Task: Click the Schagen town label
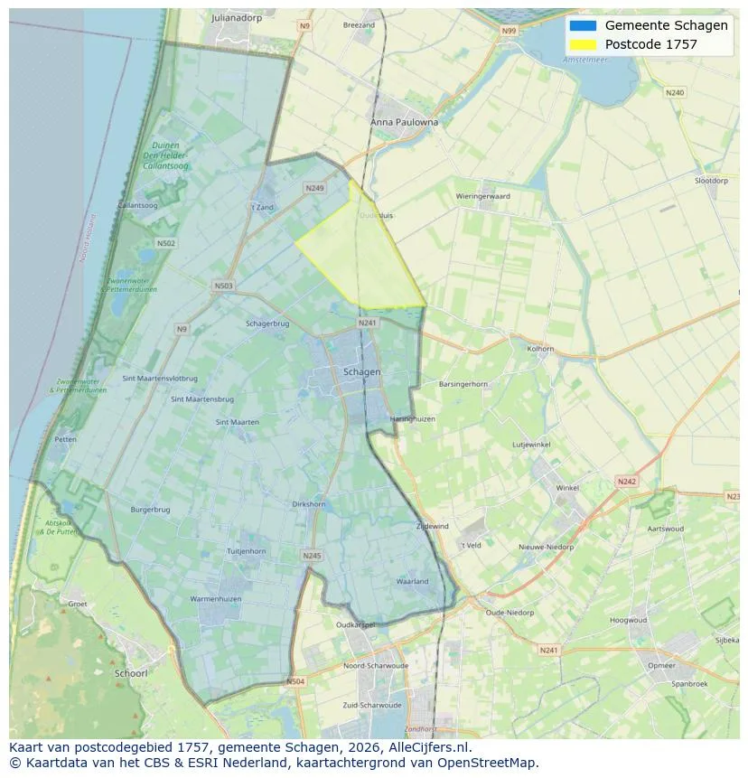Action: tap(362, 371)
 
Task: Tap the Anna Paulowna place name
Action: tap(404, 122)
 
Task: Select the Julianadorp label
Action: tap(236, 17)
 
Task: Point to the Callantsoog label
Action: tap(137, 205)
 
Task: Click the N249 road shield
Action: tap(314, 188)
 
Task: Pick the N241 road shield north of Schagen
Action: tap(367, 323)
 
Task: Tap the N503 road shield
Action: tap(223, 286)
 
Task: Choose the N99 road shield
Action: tap(510, 31)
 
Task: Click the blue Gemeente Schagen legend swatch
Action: tap(583, 25)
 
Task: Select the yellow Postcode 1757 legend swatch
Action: tap(583, 44)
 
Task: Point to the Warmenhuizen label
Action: tap(214, 599)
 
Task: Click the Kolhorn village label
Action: tap(540, 348)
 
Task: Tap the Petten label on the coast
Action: tap(65, 439)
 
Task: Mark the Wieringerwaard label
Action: tap(483, 196)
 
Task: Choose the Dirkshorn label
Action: tap(310, 504)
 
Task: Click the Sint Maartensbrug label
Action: tap(202, 398)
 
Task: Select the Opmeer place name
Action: tap(661, 665)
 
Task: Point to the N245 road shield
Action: tap(312, 556)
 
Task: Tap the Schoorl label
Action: tap(131, 673)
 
